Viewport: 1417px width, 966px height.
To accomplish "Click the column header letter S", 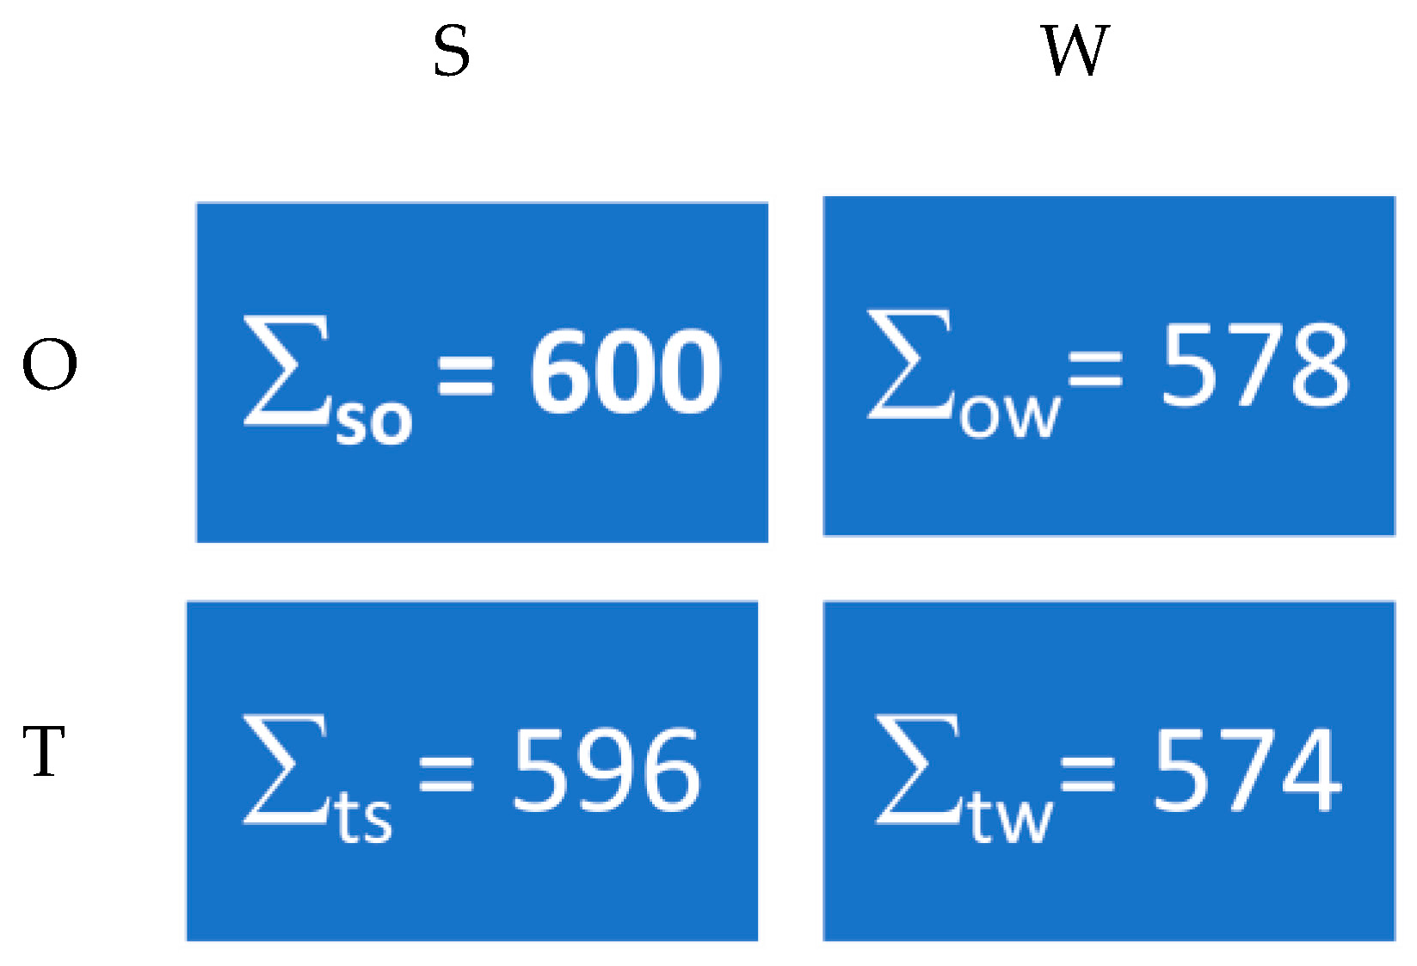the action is click(452, 51).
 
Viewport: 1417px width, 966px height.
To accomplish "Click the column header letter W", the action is click(1075, 51).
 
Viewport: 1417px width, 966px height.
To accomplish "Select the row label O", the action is click(50, 365).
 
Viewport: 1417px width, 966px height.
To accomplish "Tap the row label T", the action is click(45, 751).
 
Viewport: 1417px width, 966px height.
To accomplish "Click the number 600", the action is click(625, 371).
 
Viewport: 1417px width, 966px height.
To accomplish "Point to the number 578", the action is click(1255, 365).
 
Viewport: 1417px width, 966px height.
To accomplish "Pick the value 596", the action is click(607, 770).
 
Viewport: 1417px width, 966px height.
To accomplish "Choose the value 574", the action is click(1248, 770).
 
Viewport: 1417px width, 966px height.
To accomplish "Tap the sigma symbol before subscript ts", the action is click(286, 769).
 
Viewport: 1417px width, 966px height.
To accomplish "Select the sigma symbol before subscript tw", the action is click(918, 769).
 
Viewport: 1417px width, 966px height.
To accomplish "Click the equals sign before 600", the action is click(465, 375).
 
